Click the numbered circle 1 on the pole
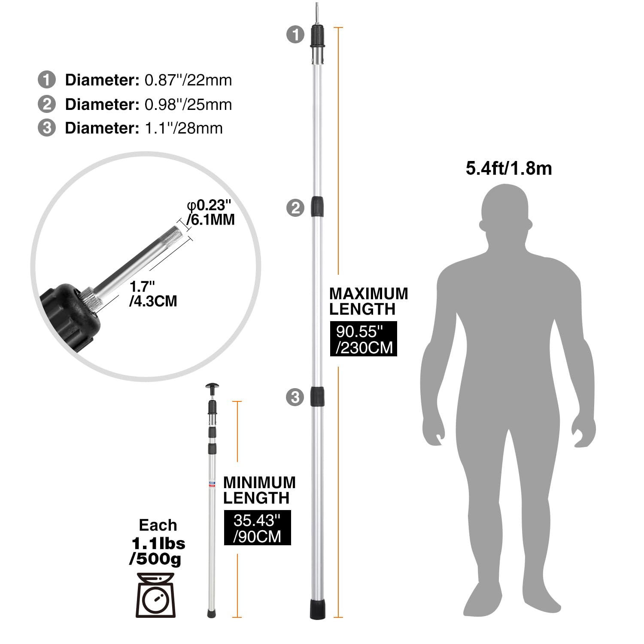pyautogui.click(x=295, y=34)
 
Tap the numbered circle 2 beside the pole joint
pyautogui.click(x=295, y=208)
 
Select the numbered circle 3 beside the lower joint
pyautogui.click(x=295, y=397)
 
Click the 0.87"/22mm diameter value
pyautogui.click(x=188, y=80)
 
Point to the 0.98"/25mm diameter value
pyautogui.click(x=188, y=104)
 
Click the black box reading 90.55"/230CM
pyautogui.click(x=364, y=339)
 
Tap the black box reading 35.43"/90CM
pyautogui.click(x=257, y=528)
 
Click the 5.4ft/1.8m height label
pyautogui.click(x=509, y=168)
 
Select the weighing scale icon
pyautogui.click(x=156, y=595)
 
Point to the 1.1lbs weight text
pyautogui.click(x=158, y=544)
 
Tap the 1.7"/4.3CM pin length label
pyautogui.click(x=153, y=294)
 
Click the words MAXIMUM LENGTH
pyautogui.click(x=368, y=301)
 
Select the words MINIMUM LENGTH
pyautogui.click(x=259, y=490)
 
